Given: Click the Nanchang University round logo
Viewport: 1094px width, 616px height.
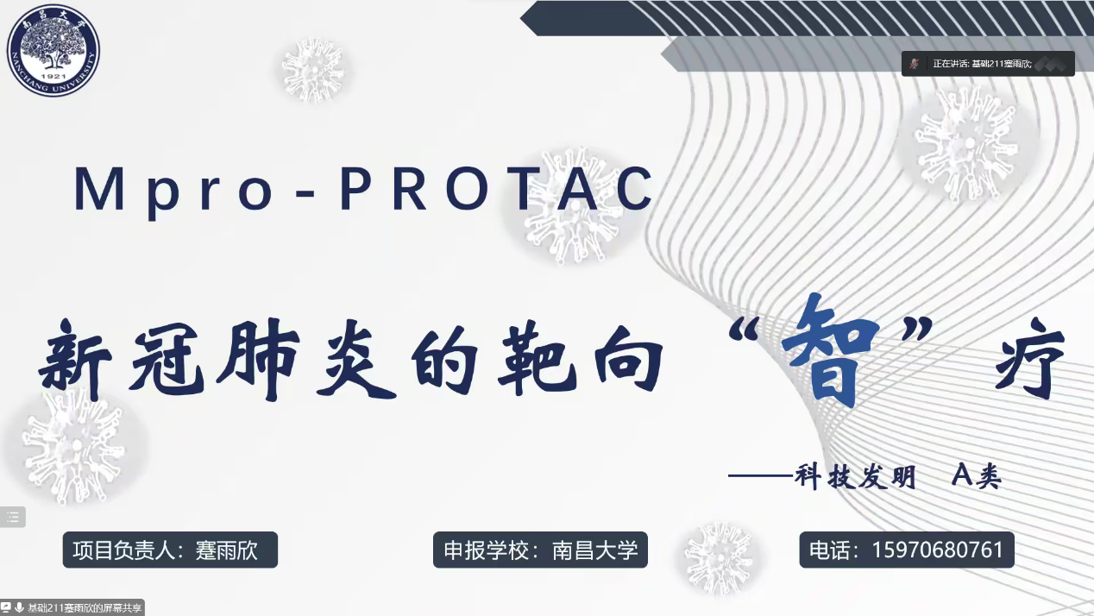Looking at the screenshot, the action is (53, 50).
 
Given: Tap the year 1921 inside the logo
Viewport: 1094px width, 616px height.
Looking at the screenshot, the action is (53, 77).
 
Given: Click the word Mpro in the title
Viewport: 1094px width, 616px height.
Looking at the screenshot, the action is (173, 191).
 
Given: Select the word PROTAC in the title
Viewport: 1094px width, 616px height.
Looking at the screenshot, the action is (496, 189).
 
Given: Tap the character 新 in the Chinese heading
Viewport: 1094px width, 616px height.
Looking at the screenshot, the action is (76, 359).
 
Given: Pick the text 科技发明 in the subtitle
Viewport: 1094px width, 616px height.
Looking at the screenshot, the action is (856, 476).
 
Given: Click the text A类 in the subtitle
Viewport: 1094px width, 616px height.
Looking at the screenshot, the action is (977, 475).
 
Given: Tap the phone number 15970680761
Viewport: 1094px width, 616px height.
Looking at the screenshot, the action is (937, 550).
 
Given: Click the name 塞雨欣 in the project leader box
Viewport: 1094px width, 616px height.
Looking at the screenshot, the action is (227, 550).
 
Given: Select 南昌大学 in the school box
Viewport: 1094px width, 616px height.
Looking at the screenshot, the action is (595, 550).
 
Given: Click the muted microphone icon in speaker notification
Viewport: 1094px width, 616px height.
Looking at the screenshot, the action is (915, 64).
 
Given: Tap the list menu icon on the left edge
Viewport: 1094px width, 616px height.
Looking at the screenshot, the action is (13, 517).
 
